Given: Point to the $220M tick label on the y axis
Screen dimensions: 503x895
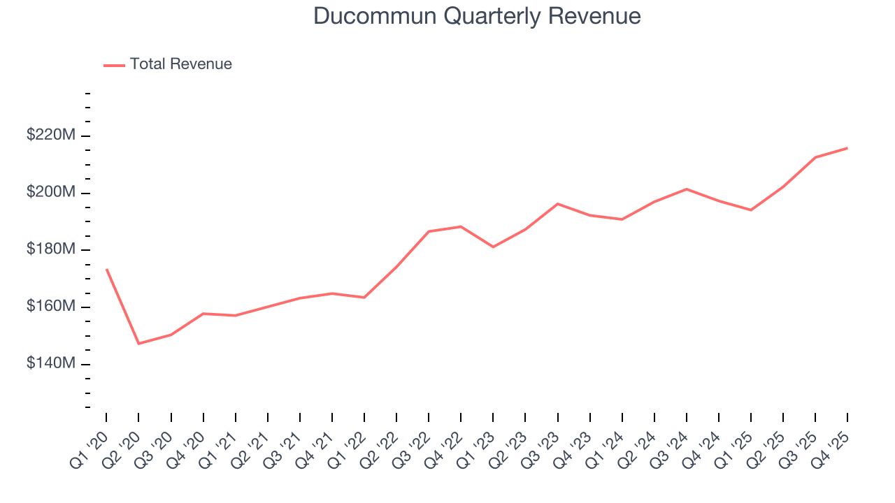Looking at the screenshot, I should [50, 136].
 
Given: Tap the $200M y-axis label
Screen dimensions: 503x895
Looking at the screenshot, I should [50, 193].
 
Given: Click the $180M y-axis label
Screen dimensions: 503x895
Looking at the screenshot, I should [50, 250].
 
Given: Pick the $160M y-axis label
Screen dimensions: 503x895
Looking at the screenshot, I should [50, 307].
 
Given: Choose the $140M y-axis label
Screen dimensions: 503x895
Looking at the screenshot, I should [50, 365].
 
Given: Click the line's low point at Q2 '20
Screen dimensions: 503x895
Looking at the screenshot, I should [138, 344].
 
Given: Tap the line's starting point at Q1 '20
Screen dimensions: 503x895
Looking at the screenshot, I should [106, 269].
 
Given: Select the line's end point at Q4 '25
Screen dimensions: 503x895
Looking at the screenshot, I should [847, 148].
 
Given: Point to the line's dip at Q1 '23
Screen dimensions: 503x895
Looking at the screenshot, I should [493, 247].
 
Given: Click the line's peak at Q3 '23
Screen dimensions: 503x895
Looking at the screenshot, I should [557, 204].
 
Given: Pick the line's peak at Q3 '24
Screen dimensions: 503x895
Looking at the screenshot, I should [687, 189].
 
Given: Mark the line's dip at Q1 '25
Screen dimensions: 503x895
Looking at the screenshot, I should [751, 210].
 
